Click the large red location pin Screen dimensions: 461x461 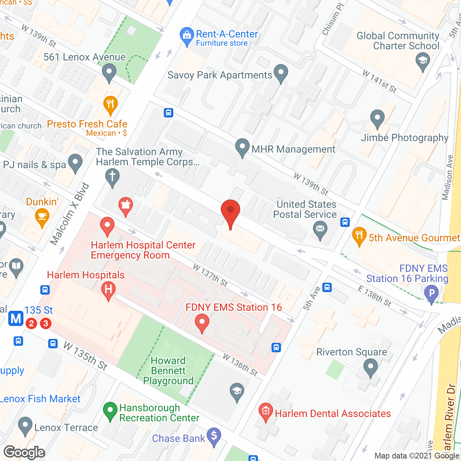pyautogui.click(x=230, y=210)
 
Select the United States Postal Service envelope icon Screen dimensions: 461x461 pyautogui.click(x=320, y=229)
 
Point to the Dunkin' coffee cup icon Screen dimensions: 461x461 pyautogui.click(x=42, y=216)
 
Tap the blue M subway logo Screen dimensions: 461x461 pyautogui.click(x=16, y=319)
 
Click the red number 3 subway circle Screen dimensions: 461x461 pyautogui.click(x=46, y=323)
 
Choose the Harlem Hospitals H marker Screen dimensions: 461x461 pyautogui.click(x=108, y=289)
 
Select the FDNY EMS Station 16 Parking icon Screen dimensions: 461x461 pyautogui.click(x=431, y=293)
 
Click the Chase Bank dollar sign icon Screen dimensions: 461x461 pyautogui.click(x=214, y=436)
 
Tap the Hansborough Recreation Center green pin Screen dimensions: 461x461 pyautogui.click(x=110, y=411)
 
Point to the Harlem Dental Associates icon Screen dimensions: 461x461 pyautogui.click(x=266, y=411)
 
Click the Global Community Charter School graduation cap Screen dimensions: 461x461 pyautogui.click(x=423, y=60)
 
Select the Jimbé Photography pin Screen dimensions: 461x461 pyautogui.click(x=377, y=118)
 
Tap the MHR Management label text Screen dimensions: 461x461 pyautogui.click(x=294, y=149)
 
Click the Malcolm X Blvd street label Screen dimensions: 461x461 pyautogui.click(x=69, y=214)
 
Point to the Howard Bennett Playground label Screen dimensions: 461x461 pyautogui.click(x=168, y=371)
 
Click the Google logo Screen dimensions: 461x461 pyautogui.click(x=24, y=452)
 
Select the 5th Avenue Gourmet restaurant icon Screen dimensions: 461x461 pyautogui.click(x=359, y=235)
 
